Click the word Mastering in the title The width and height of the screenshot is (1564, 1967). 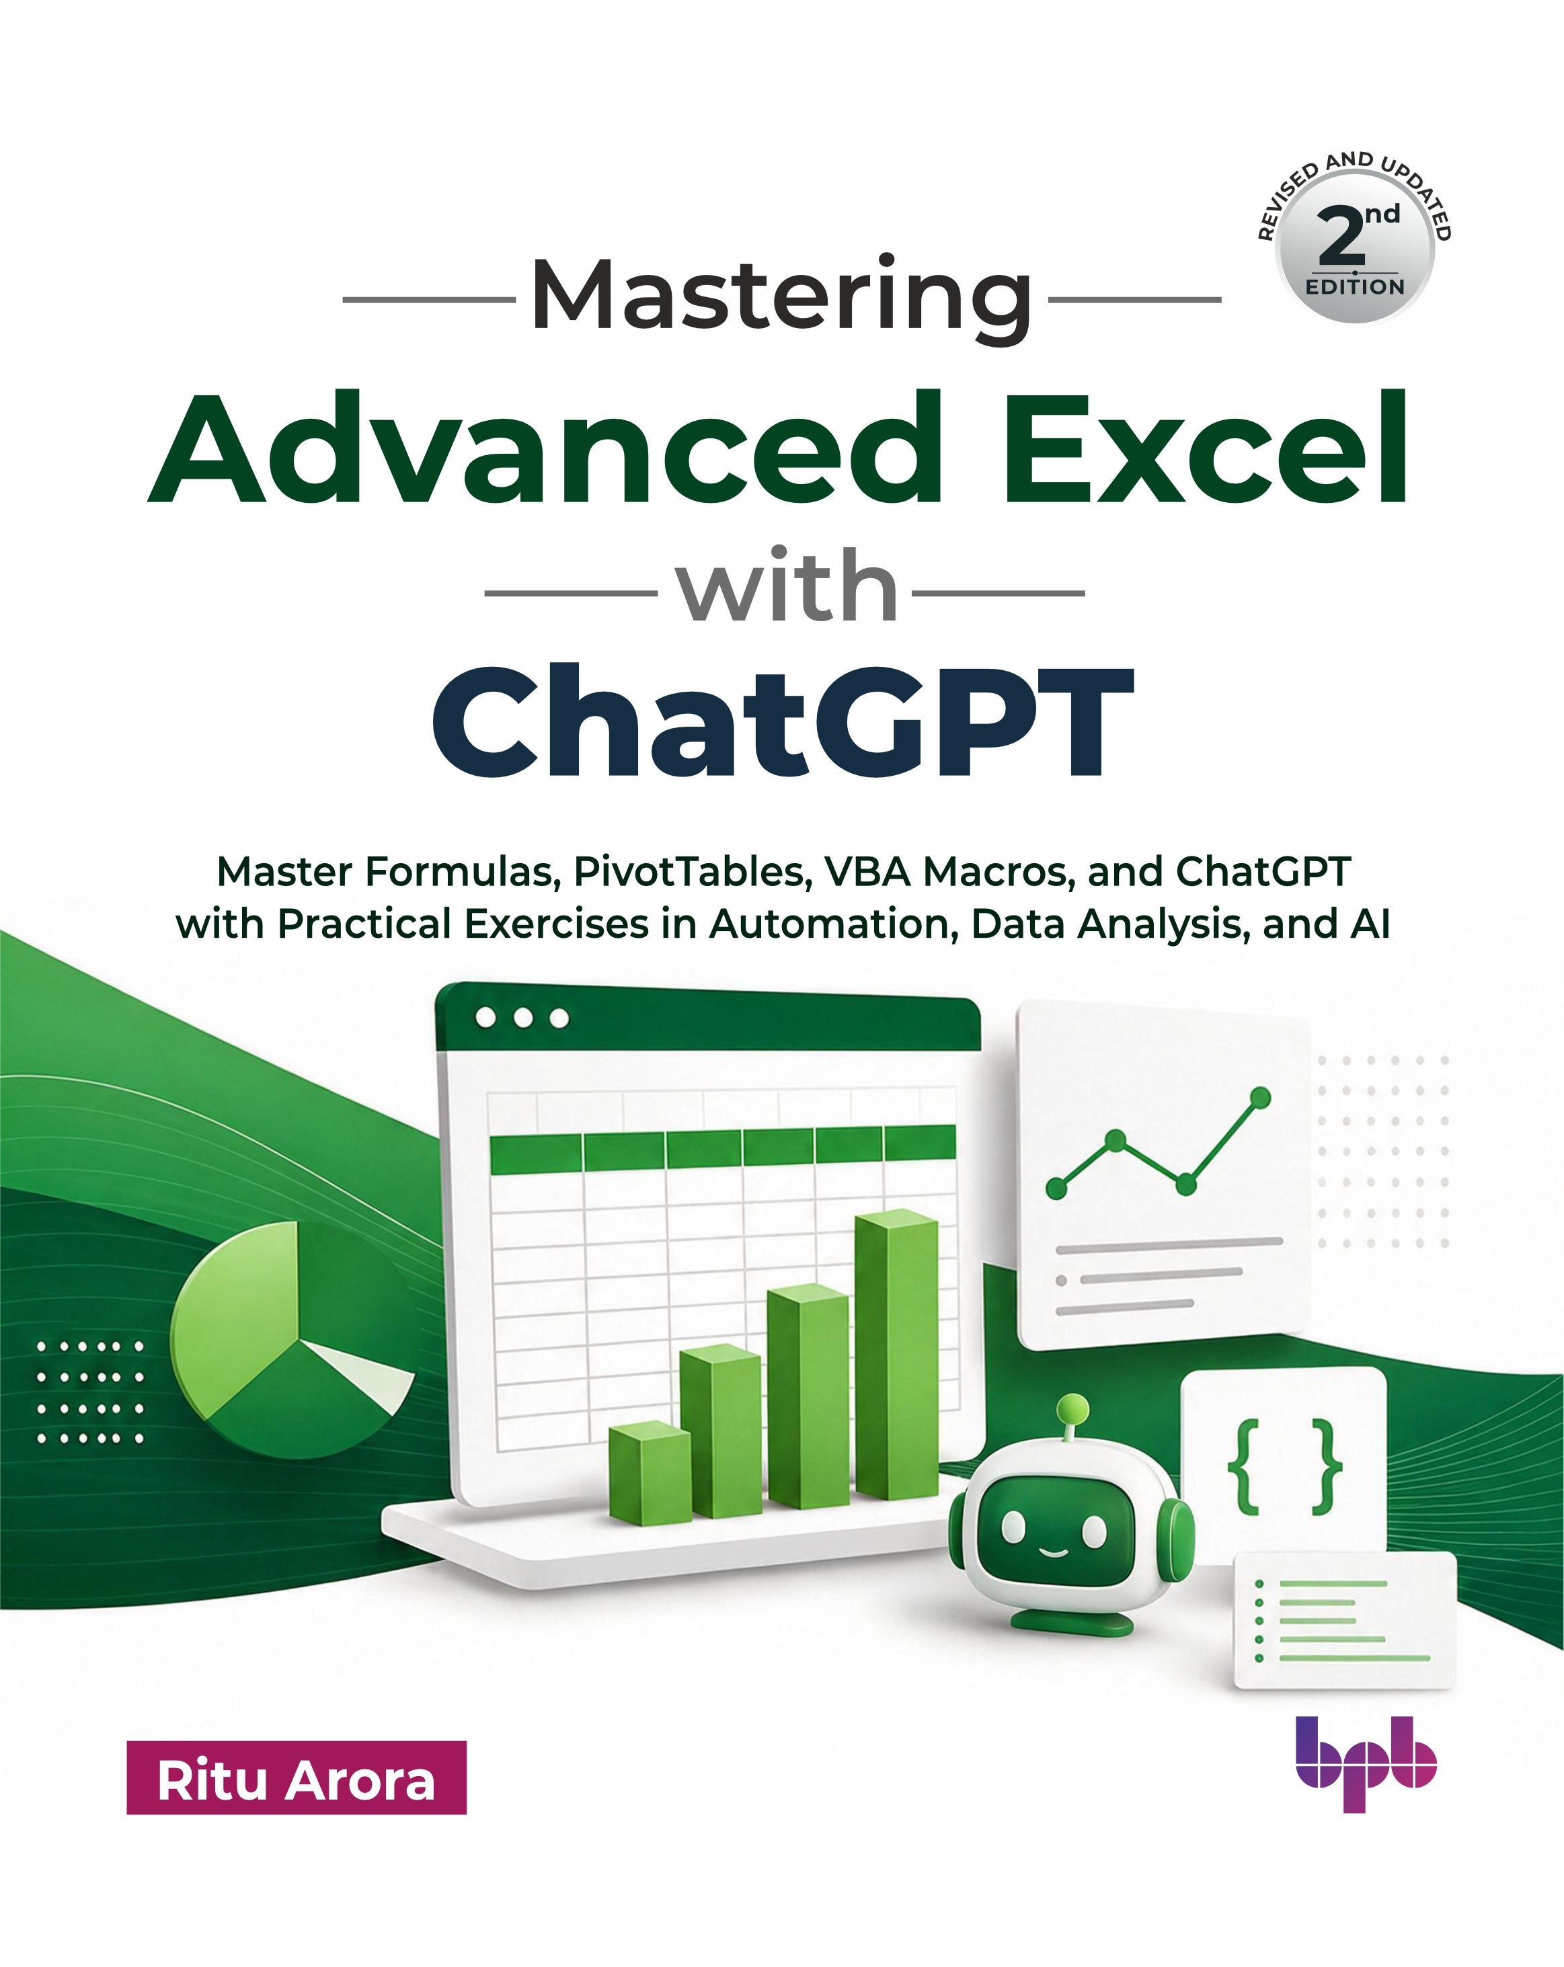[782, 300]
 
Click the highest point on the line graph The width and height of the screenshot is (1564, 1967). [1260, 1096]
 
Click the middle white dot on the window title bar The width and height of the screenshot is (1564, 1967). [523, 1017]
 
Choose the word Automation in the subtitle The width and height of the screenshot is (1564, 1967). [835, 924]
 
